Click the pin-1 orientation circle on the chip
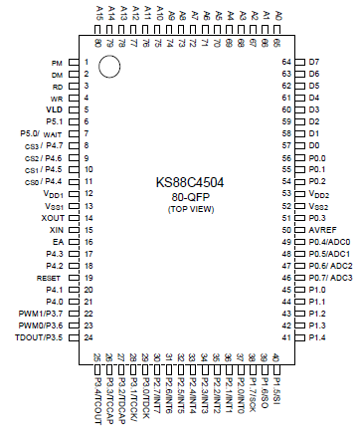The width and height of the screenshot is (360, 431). (109, 67)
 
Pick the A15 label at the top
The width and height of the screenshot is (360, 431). (98, 13)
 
